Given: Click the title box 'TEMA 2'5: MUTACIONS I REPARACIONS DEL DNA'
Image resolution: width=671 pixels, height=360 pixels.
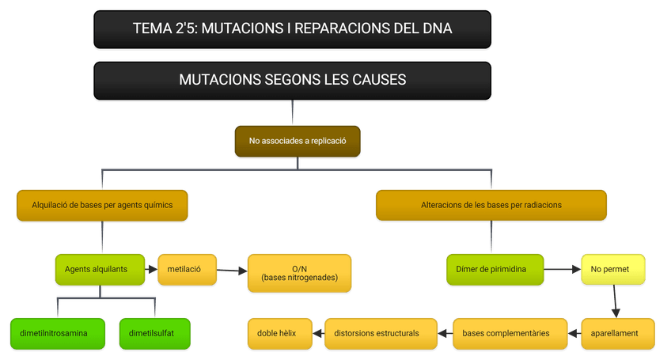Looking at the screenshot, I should pyautogui.click(x=292, y=29).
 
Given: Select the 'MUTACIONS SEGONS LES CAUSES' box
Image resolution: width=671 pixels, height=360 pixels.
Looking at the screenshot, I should pyautogui.click(x=292, y=80).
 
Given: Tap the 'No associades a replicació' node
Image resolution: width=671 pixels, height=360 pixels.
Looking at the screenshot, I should pyautogui.click(x=298, y=142).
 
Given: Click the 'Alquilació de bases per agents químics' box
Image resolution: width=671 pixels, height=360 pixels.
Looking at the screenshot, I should pyautogui.click(x=102, y=204).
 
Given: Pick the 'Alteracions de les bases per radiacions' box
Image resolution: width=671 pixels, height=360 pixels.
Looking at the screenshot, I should pyautogui.click(x=491, y=204).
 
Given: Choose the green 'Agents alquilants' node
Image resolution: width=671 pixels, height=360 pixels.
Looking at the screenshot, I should pyautogui.click(x=101, y=269).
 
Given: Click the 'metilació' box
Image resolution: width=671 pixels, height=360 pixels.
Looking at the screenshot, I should pyautogui.click(x=184, y=269).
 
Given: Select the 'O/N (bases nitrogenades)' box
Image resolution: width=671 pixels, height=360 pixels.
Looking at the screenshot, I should pyautogui.click(x=299, y=274).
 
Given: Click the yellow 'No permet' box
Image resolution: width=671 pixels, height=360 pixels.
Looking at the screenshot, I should pyautogui.click(x=612, y=269).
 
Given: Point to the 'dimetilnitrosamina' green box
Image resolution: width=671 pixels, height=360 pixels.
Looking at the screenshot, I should pyautogui.click(x=58, y=333).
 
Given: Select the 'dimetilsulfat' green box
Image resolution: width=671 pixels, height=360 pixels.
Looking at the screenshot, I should pyautogui.click(x=156, y=333).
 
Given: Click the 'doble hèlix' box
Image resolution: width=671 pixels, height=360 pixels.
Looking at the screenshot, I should pyautogui.click(x=276, y=333).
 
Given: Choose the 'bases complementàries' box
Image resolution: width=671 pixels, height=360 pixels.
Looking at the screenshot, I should pyautogui.click(x=510, y=333).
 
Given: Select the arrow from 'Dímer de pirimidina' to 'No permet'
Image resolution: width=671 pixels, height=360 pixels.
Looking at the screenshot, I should pyautogui.click(x=562, y=270).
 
